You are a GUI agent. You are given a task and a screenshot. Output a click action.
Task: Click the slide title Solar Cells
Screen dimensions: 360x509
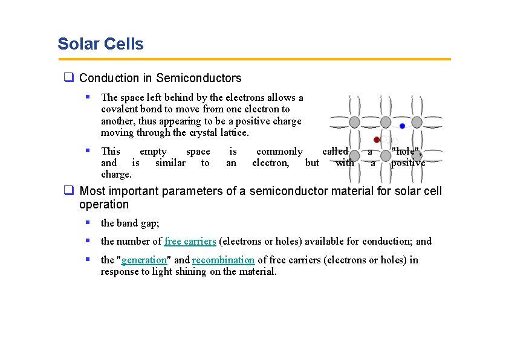(x=100, y=44)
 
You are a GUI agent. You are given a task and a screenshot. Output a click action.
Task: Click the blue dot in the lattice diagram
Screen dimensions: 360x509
(x=403, y=126)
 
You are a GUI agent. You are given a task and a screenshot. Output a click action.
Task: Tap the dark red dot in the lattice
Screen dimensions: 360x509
(x=377, y=140)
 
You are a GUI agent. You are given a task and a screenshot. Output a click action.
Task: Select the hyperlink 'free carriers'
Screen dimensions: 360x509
(x=190, y=241)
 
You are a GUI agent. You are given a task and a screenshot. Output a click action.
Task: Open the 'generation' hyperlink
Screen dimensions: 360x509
(x=144, y=260)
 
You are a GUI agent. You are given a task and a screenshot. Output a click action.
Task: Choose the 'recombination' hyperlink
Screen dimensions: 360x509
(x=223, y=260)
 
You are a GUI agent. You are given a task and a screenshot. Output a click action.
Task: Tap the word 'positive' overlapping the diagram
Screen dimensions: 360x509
(x=408, y=162)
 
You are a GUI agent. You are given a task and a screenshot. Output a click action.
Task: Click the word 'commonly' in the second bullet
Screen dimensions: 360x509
(x=279, y=151)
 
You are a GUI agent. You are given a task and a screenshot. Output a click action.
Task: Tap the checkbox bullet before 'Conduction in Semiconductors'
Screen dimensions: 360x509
(x=69, y=78)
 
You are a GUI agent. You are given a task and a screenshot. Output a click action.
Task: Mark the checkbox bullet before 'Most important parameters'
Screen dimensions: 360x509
(x=69, y=191)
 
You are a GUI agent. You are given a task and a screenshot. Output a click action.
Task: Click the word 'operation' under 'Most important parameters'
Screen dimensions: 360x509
(x=104, y=204)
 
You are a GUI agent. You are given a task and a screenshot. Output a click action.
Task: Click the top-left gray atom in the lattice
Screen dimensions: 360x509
(x=355, y=121)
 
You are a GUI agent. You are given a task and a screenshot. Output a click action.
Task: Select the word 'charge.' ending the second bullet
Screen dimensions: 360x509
(x=116, y=174)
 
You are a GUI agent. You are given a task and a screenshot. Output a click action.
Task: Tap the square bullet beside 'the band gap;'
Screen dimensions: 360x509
(x=88, y=223)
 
